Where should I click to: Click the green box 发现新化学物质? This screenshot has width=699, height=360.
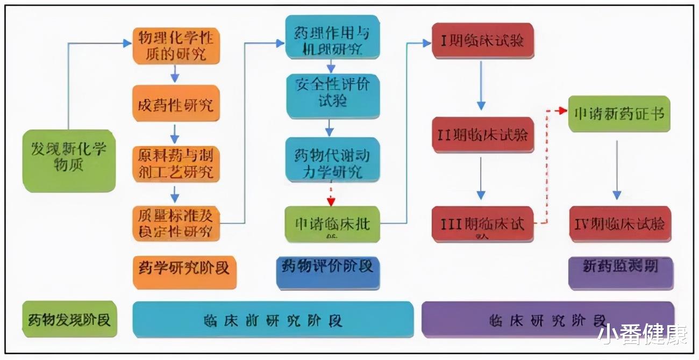tap(69, 160)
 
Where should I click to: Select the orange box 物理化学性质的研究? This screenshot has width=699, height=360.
tap(176, 47)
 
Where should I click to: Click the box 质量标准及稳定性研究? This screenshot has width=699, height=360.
tap(176, 223)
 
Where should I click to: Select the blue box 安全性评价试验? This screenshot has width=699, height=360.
tap(332, 95)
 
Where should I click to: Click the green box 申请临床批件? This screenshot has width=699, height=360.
tap(332, 224)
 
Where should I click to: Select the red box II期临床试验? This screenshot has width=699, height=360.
tap(482, 135)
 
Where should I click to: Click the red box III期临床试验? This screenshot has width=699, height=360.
tap(482, 224)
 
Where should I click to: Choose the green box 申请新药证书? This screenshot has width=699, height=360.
tap(619, 114)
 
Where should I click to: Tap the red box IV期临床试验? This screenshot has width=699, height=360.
tap(619, 224)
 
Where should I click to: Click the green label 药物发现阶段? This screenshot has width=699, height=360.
tap(69, 319)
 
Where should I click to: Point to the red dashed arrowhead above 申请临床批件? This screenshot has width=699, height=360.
tap(331, 202)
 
